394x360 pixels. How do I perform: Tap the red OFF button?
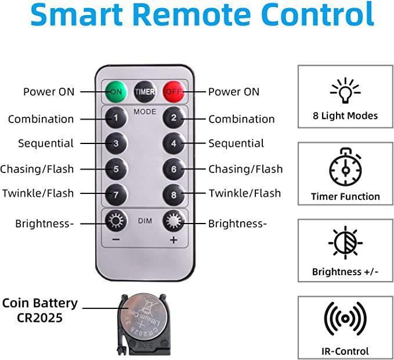tap(173, 92)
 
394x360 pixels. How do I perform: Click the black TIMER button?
tap(144, 92)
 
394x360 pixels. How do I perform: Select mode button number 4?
tap(173, 143)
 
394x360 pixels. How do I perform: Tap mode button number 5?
tap(116, 169)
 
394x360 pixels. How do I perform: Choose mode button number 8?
tap(173, 195)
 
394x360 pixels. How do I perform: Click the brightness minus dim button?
tap(116, 221)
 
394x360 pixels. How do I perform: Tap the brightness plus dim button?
tap(173, 221)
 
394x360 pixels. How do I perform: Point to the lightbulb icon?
tap(345, 91)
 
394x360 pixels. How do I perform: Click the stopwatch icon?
tap(345, 167)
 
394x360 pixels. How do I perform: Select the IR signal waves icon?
tap(345, 319)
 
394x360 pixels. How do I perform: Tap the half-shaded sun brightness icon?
tap(345, 243)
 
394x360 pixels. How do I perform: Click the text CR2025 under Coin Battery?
tap(39, 318)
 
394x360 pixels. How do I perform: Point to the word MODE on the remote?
tap(144, 111)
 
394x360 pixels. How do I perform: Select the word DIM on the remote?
tap(145, 221)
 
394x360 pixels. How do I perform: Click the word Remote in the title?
tap(194, 15)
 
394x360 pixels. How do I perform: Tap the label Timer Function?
tap(345, 196)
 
